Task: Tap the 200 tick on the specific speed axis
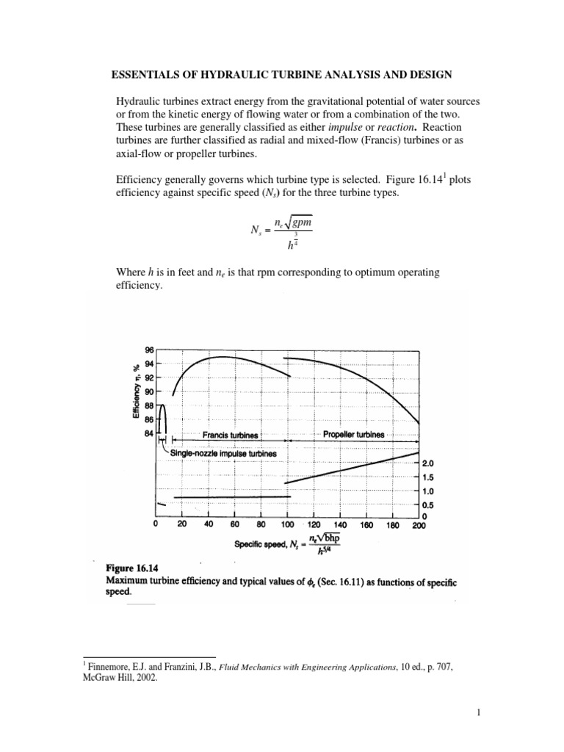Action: (418, 525)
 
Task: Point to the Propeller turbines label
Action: (353, 435)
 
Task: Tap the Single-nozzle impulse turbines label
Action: (223, 454)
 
